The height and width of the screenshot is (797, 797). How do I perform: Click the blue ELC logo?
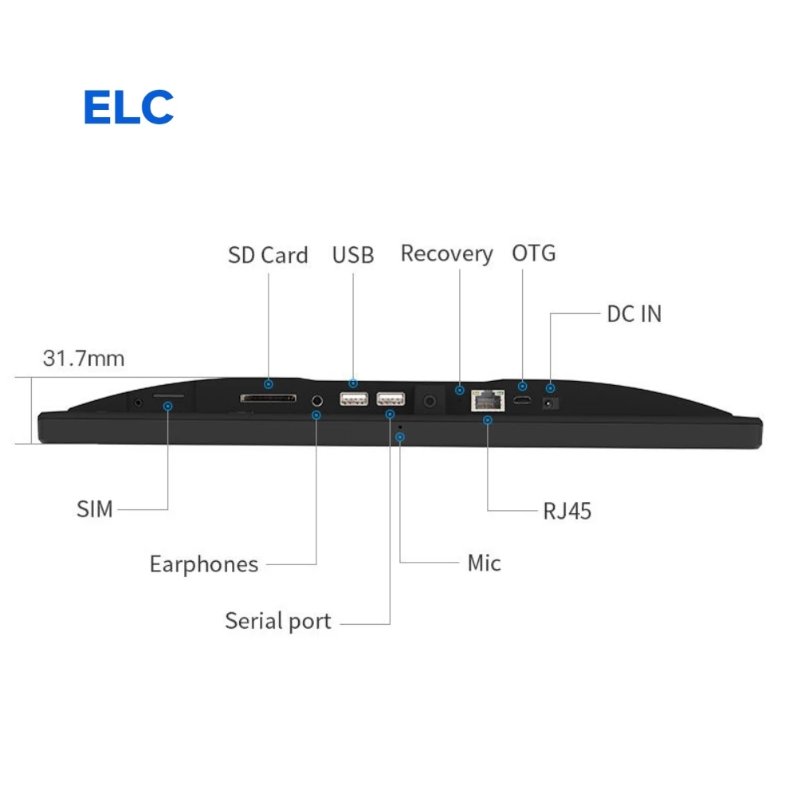click(x=128, y=107)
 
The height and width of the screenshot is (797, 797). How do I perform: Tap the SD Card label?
click(x=268, y=255)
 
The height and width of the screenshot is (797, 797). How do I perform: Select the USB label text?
click(x=353, y=255)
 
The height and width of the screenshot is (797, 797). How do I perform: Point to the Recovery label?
click(x=447, y=254)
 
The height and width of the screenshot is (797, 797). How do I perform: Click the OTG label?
click(x=534, y=253)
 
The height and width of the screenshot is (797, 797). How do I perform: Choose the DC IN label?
click(x=634, y=314)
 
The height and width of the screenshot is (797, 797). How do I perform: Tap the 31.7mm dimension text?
click(x=84, y=359)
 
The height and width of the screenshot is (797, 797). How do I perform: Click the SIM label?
click(x=95, y=508)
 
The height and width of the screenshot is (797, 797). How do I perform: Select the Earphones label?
click(x=204, y=565)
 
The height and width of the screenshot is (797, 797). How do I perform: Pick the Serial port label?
click(x=278, y=621)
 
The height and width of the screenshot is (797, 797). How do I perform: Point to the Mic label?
click(x=484, y=563)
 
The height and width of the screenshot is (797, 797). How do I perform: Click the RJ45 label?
click(x=567, y=512)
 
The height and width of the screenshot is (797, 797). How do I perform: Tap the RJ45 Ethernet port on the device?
click(x=488, y=401)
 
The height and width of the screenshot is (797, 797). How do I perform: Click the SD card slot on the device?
click(x=269, y=398)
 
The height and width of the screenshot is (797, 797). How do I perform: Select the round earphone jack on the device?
click(x=317, y=401)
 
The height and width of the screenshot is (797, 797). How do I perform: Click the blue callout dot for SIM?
click(x=167, y=406)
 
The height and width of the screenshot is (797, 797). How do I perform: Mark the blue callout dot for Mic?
click(x=400, y=437)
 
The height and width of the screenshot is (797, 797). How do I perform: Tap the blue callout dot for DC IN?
click(x=551, y=388)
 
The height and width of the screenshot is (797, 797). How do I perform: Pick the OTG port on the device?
click(x=522, y=401)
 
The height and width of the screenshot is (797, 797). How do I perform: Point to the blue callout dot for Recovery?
click(x=460, y=391)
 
